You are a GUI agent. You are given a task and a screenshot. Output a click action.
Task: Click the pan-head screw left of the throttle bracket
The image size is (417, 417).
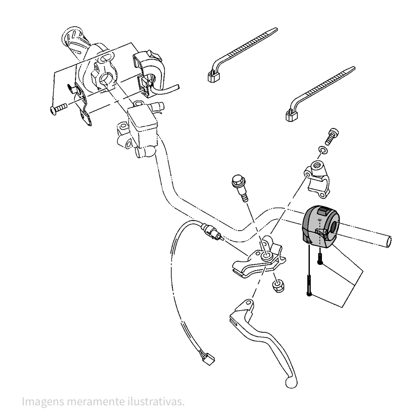point(58,109)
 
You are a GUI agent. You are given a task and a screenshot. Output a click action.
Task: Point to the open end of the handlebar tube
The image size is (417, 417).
point(389,242)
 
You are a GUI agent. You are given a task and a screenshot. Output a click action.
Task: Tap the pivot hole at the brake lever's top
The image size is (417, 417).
point(249,302)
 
